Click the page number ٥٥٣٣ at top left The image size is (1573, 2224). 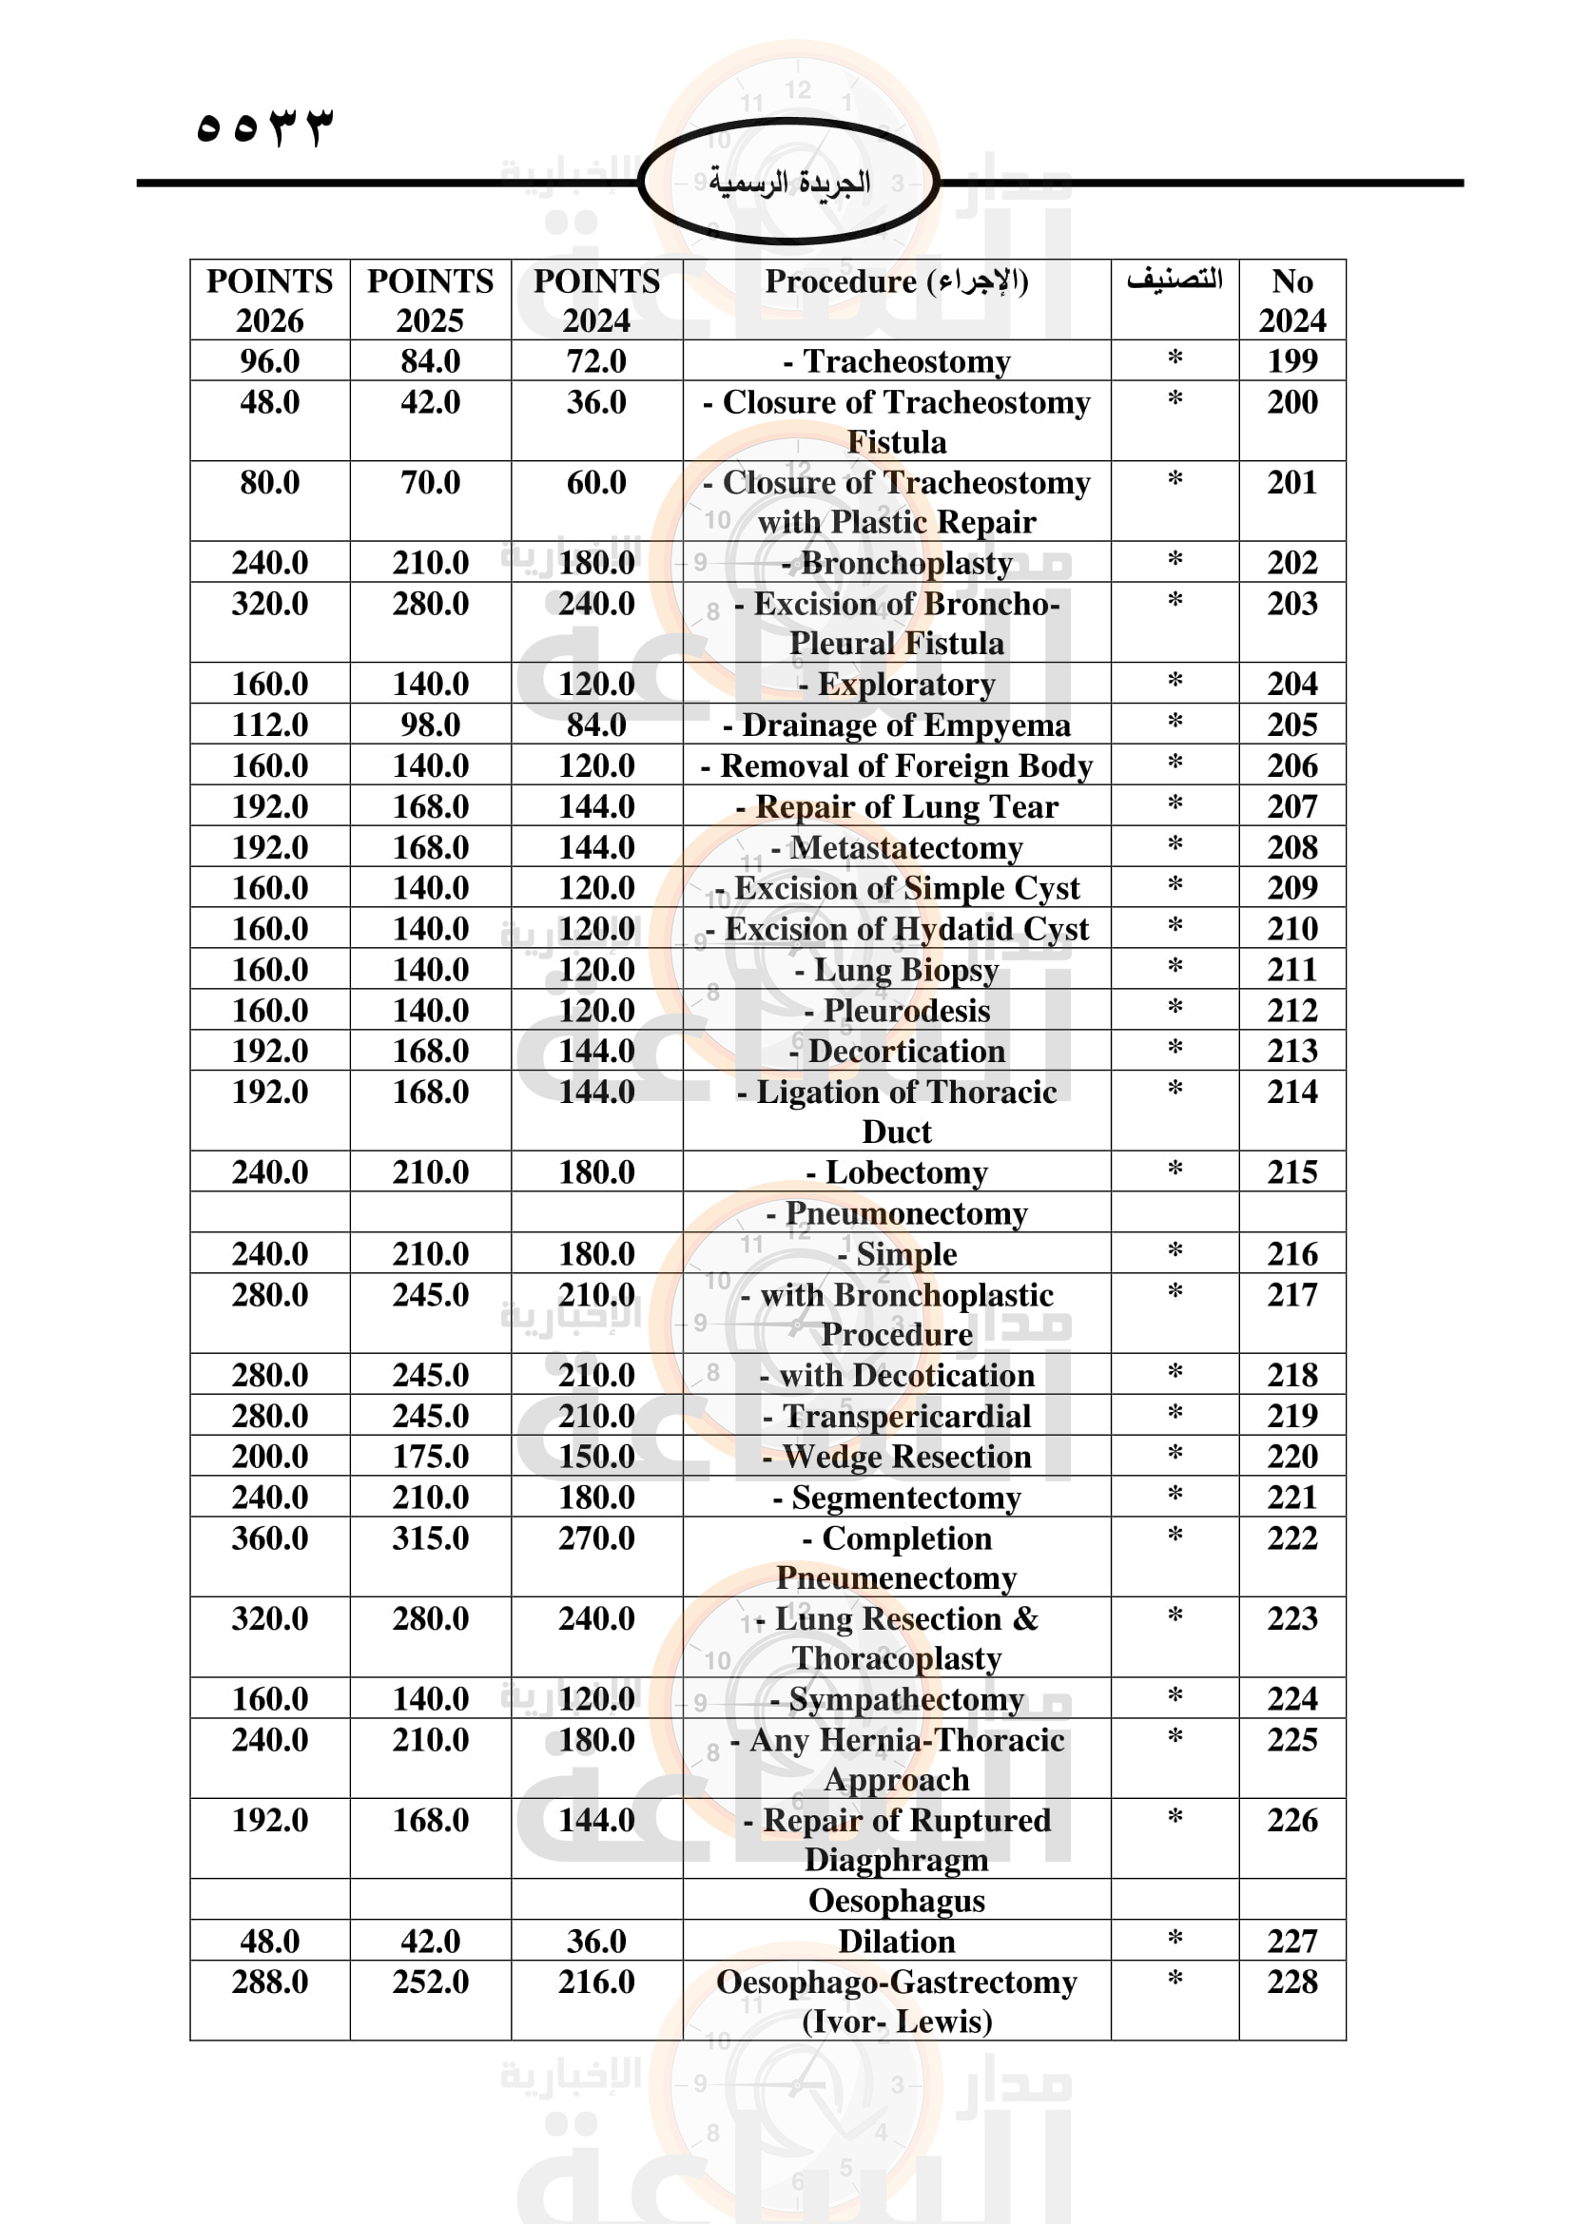[x=263, y=126]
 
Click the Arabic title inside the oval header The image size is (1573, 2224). [x=788, y=183]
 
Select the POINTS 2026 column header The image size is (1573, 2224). [x=269, y=300]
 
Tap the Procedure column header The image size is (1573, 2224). [x=896, y=281]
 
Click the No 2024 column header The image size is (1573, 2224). [x=1291, y=300]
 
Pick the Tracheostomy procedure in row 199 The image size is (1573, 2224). [x=897, y=361]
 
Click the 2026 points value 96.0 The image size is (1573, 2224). [x=269, y=361]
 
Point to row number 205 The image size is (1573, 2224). [x=1291, y=725]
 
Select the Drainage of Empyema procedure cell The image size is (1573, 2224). [x=897, y=725]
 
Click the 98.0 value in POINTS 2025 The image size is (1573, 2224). [x=430, y=725]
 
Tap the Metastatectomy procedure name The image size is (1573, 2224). [x=897, y=847]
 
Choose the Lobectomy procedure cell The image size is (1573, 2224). [x=897, y=1172]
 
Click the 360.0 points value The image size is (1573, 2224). [x=269, y=1538]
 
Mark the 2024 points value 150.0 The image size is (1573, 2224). [x=595, y=1457]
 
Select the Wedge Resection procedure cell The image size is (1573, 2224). [x=897, y=1457]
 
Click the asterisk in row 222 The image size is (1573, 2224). [x=1175, y=1537]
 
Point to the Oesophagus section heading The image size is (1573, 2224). [x=897, y=1901]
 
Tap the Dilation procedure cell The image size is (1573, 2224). [x=897, y=1942]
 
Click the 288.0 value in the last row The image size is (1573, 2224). [x=269, y=1982]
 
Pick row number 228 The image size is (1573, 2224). [x=1291, y=1982]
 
